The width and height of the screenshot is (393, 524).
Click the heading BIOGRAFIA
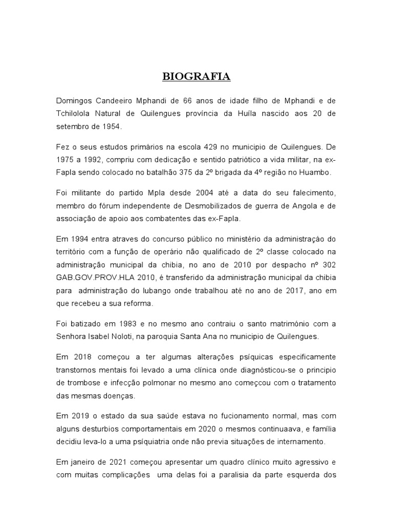tap(196, 77)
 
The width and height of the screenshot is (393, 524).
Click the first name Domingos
tap(75, 100)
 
